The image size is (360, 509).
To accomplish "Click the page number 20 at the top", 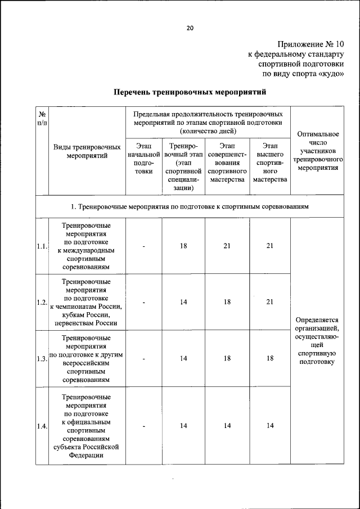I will [190, 29].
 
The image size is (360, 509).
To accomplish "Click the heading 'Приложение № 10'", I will [310, 44].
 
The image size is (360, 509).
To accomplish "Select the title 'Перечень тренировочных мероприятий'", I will [190, 91].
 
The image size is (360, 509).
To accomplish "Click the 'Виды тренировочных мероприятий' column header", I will [87, 151].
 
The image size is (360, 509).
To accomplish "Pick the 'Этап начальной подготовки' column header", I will [144, 159].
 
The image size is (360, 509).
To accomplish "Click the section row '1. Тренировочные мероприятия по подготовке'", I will [190, 207].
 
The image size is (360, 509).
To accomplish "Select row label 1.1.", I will [42, 246].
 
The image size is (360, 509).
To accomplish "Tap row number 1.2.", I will [42, 302].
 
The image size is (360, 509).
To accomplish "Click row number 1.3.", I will [42, 359].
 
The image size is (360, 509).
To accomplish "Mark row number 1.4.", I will [42, 426].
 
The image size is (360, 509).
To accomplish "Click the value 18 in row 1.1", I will [183, 246].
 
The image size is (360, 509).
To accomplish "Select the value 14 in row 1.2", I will [183, 302].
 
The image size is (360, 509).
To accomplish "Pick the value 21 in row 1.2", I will [270, 302].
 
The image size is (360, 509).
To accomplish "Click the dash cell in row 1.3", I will [144, 359].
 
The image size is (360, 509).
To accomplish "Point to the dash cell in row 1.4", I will [144, 426].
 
